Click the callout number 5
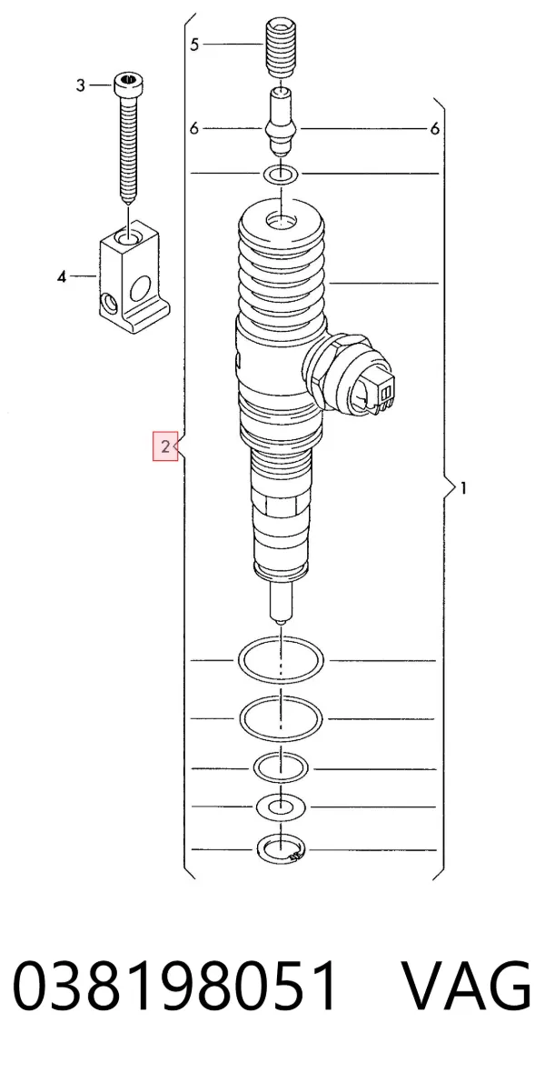[x=194, y=45]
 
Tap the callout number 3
[x=81, y=85]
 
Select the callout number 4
[x=62, y=277]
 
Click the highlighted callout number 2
[x=164, y=447]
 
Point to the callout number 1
[x=464, y=488]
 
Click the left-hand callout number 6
[x=194, y=128]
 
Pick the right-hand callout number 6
[x=435, y=128]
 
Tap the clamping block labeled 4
[x=134, y=275]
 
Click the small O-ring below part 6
[x=281, y=175]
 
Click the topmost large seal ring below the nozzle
[x=281, y=661]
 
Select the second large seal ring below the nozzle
[x=281, y=718]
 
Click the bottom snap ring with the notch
[x=280, y=850]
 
